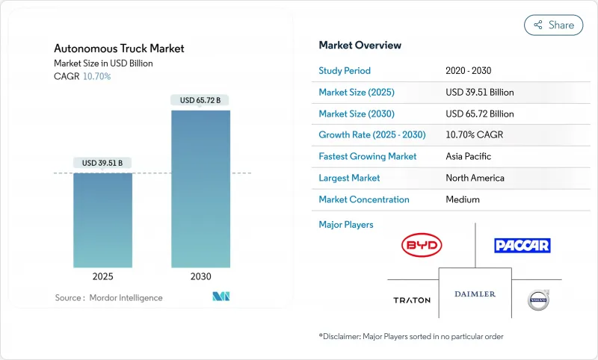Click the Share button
[x=554, y=25]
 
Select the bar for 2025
[x=102, y=220]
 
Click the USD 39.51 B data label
[x=102, y=163]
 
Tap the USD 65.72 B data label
[x=200, y=100]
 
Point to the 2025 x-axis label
[x=102, y=276]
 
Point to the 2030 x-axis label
[x=200, y=276]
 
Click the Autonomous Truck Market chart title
[x=119, y=49]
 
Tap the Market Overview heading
[x=361, y=45]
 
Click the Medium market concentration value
[x=462, y=199]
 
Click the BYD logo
[x=422, y=245]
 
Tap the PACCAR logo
[x=522, y=245]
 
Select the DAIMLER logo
[x=475, y=294]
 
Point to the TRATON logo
[x=412, y=300]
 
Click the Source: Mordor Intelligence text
[x=108, y=298]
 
